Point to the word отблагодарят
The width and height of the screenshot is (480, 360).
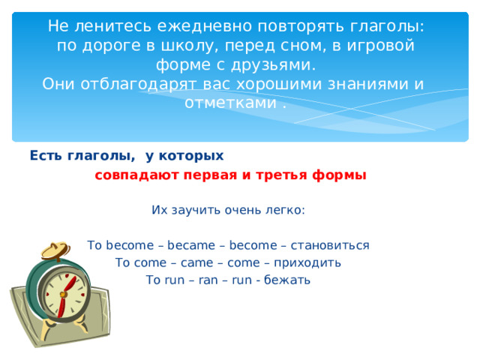138,84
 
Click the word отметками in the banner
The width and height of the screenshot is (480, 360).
230,103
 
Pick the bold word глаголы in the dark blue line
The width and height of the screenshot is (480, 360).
100,156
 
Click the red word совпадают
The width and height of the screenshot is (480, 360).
136,175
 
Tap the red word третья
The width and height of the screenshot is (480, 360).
281,175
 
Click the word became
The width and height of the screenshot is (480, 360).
191,245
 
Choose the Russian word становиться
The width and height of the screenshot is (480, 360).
330,245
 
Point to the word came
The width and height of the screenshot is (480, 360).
196,263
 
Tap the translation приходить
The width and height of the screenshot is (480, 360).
307,263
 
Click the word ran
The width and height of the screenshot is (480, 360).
208,280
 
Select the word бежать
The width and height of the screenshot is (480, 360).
287,280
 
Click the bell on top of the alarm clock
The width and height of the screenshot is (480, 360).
56,250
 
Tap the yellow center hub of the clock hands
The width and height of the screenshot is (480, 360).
63,295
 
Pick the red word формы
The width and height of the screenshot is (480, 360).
339,175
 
